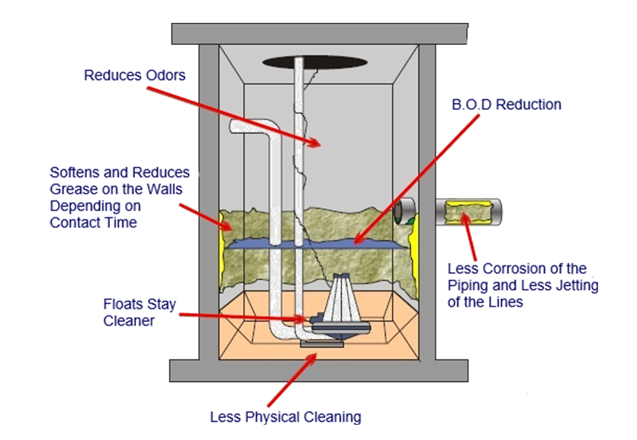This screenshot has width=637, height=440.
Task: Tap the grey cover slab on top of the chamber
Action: pos(318,34)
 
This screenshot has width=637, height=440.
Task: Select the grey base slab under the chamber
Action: pos(318,371)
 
